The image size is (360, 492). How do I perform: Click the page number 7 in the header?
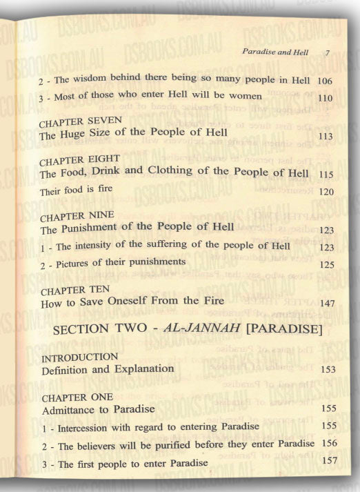pyautogui.click(x=328, y=52)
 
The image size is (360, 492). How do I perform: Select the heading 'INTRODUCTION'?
pyautogui.click(x=80, y=357)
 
